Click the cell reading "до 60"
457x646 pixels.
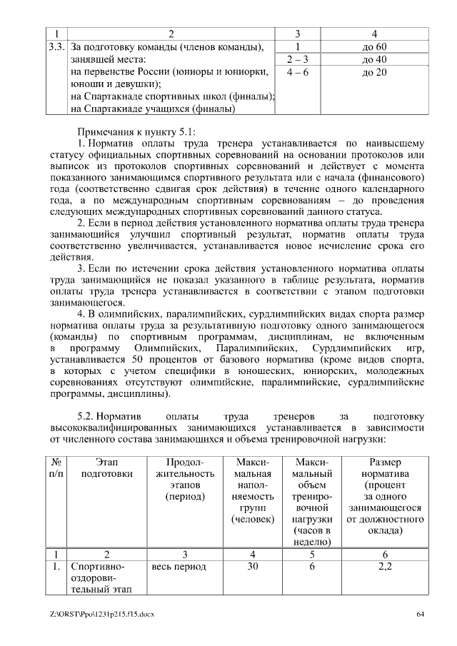(x=374, y=47)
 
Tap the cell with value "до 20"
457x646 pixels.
(x=374, y=73)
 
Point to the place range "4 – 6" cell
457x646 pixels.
(x=296, y=73)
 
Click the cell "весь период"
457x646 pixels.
(x=179, y=567)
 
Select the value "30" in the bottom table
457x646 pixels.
(x=253, y=567)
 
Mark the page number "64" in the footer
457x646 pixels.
(x=421, y=614)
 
